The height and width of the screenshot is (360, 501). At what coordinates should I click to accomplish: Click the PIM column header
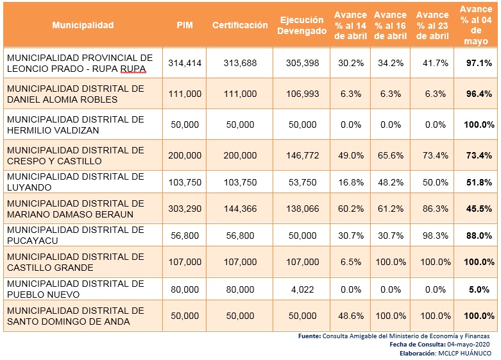coord(185,25)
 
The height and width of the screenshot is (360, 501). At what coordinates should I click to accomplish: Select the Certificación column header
coord(240,25)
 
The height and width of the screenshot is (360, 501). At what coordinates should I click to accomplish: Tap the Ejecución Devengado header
coord(301,25)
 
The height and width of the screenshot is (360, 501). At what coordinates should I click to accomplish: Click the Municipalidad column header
coord(83,25)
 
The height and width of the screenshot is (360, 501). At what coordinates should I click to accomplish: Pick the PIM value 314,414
coord(185,63)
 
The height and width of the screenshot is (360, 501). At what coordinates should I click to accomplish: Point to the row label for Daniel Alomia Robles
coord(76,94)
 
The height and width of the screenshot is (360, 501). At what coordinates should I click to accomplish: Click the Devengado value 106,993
coord(301,94)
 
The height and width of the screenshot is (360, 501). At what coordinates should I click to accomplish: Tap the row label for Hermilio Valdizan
coord(76,124)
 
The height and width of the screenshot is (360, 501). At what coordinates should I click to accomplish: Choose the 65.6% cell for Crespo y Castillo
coord(390,155)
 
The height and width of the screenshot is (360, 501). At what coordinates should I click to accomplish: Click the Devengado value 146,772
coord(301,155)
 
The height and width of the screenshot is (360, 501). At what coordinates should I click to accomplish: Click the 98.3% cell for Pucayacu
coord(432,236)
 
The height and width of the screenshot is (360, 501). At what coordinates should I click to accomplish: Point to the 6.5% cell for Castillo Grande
coord(350,262)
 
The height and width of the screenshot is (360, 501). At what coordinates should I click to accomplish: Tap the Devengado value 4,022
coord(301,289)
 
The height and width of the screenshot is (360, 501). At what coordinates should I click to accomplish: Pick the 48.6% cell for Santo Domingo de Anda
coord(350,316)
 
